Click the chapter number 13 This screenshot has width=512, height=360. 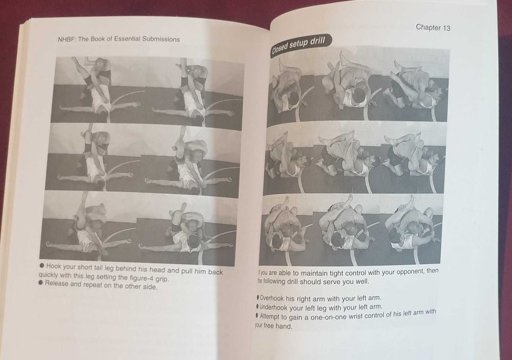(x=446, y=28)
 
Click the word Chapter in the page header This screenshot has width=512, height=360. (x=428, y=27)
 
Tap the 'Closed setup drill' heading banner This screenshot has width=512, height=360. (x=301, y=45)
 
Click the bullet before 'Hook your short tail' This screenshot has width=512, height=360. (x=42, y=266)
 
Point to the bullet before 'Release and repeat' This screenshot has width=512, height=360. (x=41, y=283)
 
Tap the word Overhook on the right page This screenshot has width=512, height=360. (x=272, y=298)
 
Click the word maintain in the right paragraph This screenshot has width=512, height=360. (x=314, y=273)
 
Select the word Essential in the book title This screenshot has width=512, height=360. (x=127, y=39)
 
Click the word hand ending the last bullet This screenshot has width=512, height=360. (x=284, y=326)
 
